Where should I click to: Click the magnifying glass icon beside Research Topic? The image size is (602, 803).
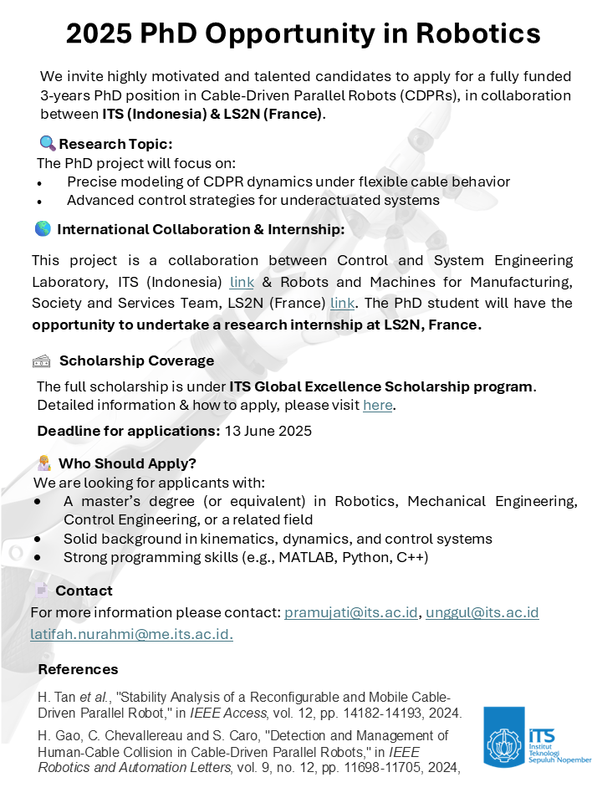click(47, 143)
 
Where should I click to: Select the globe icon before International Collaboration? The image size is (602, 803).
click(43, 228)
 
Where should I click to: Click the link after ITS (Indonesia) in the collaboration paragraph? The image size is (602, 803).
click(242, 282)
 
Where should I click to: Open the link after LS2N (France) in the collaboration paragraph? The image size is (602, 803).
click(342, 303)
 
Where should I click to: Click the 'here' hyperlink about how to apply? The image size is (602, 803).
click(377, 406)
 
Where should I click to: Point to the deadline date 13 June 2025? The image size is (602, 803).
click(268, 432)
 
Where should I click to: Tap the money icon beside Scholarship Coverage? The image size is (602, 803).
click(42, 361)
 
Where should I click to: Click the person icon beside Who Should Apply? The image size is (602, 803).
click(44, 463)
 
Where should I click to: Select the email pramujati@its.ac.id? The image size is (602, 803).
click(350, 613)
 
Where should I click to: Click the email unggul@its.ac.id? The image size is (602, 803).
click(482, 613)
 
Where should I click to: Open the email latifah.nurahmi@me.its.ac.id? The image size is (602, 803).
click(131, 635)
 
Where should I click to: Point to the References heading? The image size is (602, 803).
click(78, 670)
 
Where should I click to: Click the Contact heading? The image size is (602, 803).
click(84, 591)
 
